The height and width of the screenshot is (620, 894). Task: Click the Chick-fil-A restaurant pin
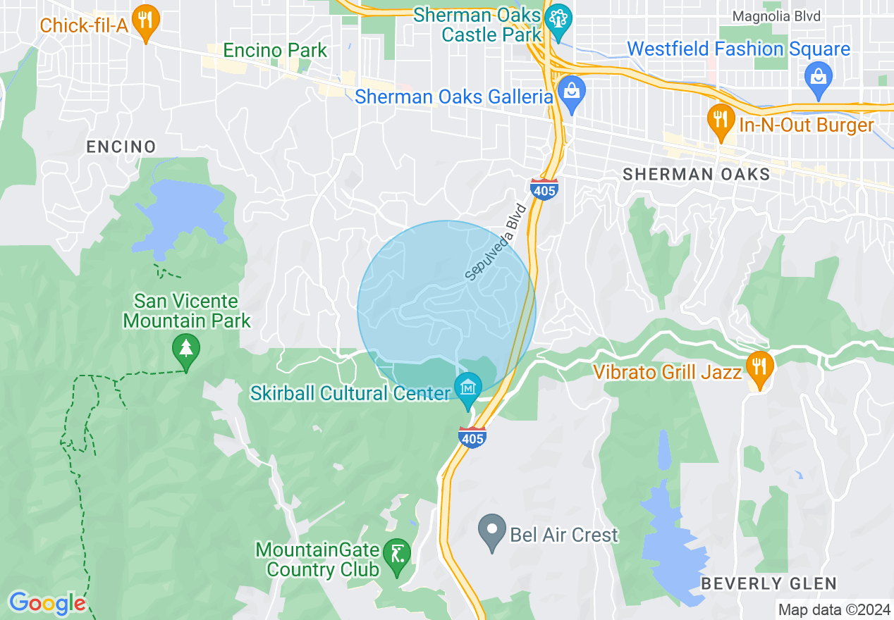(x=146, y=23)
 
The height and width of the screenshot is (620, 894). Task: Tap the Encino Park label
(x=275, y=51)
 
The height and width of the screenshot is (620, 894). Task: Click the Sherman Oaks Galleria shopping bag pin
(x=572, y=92)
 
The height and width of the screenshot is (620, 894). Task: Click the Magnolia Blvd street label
(x=776, y=16)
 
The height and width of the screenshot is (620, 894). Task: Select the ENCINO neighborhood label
(x=121, y=147)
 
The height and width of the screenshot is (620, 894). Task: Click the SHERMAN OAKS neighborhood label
(x=697, y=174)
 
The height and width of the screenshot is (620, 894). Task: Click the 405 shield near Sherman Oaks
(x=544, y=189)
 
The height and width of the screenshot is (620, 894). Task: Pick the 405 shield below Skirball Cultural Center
(x=472, y=437)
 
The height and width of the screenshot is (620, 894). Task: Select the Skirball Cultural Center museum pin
(x=468, y=390)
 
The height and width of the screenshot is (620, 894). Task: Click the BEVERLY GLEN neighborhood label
(x=769, y=583)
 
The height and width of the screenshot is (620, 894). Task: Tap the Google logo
(x=47, y=603)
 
